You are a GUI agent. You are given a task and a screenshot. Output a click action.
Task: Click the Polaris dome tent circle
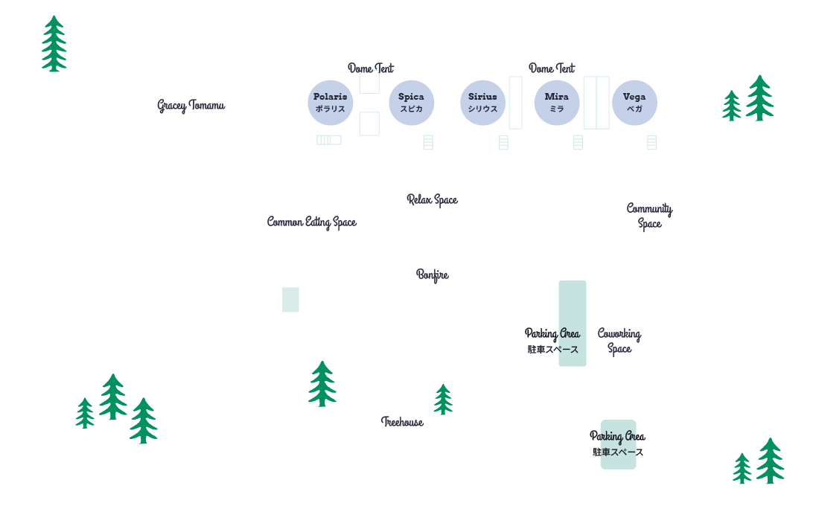tap(330, 103)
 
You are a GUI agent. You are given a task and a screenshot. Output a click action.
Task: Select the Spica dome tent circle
tap(411, 103)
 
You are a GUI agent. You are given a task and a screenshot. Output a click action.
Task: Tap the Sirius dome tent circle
tap(482, 103)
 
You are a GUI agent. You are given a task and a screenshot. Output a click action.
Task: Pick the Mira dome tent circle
tap(556, 103)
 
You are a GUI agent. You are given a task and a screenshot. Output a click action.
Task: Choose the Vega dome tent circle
tap(634, 103)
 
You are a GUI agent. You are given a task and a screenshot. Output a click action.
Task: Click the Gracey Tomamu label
tap(191, 106)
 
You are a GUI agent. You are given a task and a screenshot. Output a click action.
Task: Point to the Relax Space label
tap(432, 199)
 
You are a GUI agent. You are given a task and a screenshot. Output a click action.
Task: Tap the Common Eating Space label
tap(311, 222)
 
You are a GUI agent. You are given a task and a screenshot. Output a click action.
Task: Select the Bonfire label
tap(432, 275)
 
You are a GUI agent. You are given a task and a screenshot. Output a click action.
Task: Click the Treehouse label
tap(402, 422)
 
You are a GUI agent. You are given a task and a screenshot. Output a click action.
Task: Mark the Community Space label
tap(649, 216)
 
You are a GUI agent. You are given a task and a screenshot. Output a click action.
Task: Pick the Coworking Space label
tap(619, 341)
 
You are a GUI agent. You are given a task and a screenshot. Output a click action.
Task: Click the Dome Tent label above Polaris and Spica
tap(371, 68)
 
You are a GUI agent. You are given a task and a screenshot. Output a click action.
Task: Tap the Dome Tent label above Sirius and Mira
tap(552, 68)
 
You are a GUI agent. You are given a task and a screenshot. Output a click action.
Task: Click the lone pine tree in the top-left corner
tap(54, 44)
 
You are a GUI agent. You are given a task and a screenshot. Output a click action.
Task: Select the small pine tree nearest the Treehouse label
tap(443, 400)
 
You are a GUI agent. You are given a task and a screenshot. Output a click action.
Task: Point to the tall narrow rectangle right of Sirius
tap(515, 103)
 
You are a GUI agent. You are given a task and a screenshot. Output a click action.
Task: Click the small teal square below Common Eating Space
tap(290, 300)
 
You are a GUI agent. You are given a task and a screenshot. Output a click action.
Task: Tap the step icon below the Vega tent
tap(651, 142)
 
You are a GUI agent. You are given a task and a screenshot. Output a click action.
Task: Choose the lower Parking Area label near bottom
tap(617, 437)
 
